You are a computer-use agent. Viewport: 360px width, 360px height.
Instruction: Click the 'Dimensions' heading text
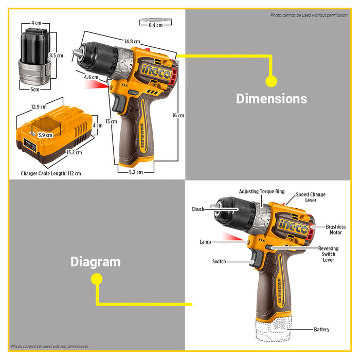pyautogui.click(x=271, y=99)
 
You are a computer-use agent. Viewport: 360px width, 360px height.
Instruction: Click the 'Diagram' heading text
pyautogui.click(x=96, y=262)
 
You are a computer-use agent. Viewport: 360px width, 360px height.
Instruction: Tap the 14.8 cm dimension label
pyautogui.click(x=131, y=41)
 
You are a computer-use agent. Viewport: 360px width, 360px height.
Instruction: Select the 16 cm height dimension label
pyautogui.click(x=178, y=116)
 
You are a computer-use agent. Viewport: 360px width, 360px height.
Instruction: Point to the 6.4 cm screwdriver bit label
pyautogui.click(x=155, y=25)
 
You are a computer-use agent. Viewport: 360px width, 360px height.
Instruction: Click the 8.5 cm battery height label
pyautogui.click(x=56, y=55)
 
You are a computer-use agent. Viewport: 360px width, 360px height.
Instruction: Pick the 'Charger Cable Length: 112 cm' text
pyautogui.click(x=51, y=173)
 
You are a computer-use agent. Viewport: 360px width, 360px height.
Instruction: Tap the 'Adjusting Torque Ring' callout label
pyautogui.click(x=262, y=192)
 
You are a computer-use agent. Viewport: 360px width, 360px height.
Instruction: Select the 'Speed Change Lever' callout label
pyautogui.click(x=310, y=197)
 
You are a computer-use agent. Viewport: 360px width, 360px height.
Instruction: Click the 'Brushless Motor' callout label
pyautogui.click(x=336, y=230)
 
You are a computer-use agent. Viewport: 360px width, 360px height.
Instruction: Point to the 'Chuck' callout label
pyautogui.click(x=198, y=209)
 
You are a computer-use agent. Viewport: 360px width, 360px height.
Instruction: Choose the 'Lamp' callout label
pyautogui.click(x=205, y=241)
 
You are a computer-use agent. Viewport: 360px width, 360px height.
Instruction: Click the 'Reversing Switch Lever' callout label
pyautogui.click(x=328, y=254)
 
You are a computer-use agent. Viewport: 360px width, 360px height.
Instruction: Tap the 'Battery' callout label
pyautogui.click(x=321, y=329)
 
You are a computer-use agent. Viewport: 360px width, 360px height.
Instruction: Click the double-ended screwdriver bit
pyautogui.click(x=155, y=20)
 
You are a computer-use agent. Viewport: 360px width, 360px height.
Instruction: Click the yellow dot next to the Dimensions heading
pyautogui.click(x=271, y=81)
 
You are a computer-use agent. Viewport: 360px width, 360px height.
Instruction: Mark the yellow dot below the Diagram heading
pyautogui.click(x=96, y=279)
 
